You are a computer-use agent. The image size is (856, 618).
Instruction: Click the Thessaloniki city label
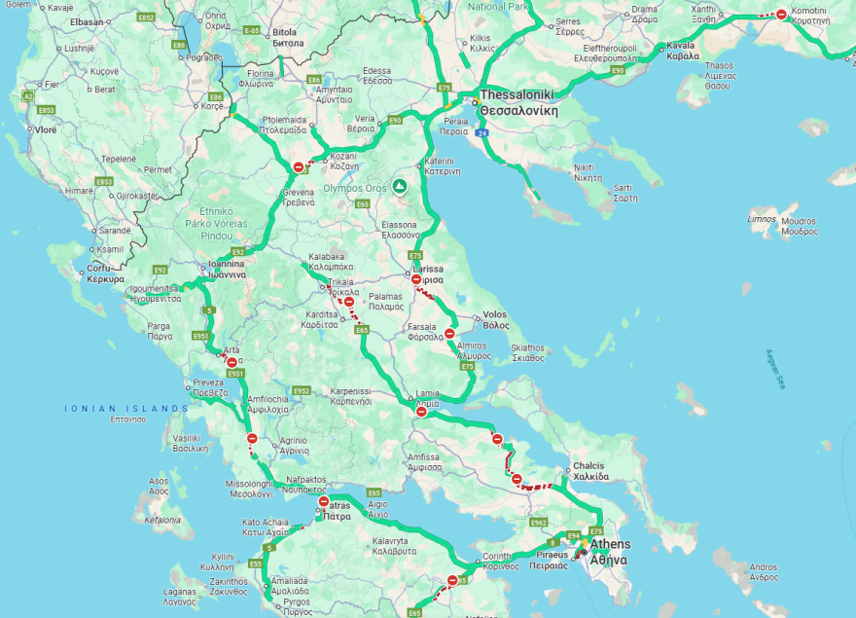517,94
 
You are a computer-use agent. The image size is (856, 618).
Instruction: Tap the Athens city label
610,544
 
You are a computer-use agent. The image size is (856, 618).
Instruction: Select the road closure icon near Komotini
781,14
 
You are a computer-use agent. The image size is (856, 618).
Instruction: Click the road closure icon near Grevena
298,167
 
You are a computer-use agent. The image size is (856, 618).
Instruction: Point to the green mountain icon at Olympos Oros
399,185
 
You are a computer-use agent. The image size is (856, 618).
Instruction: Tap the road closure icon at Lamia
421,412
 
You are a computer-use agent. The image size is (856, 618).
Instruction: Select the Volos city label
495,314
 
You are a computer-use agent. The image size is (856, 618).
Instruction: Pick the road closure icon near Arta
232,362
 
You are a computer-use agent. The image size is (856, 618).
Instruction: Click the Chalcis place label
589,465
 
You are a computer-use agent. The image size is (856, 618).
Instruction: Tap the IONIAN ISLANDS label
126,408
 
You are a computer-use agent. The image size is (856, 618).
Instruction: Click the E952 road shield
301,390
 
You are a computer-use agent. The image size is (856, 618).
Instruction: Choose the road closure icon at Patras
324,502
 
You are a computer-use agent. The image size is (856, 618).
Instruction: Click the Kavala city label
682,45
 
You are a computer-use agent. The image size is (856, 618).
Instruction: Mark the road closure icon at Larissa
416,279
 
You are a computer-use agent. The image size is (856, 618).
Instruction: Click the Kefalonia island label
162,520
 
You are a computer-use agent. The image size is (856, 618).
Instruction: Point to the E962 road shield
538,523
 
